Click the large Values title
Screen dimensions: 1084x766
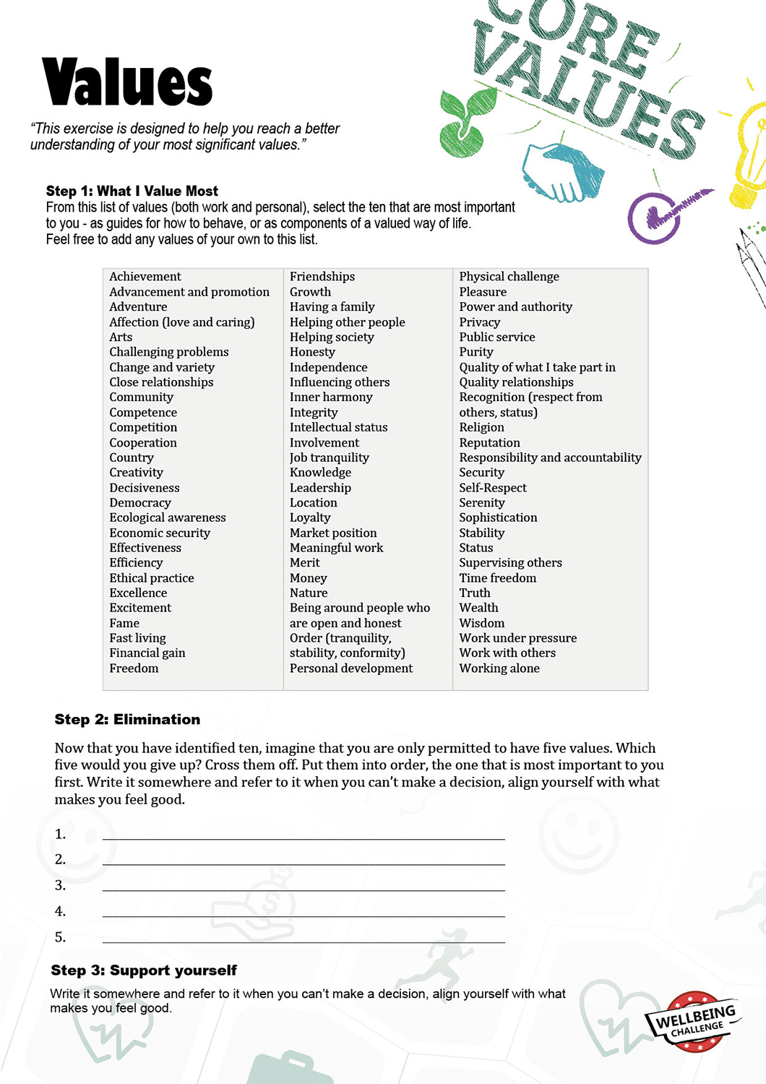(x=127, y=82)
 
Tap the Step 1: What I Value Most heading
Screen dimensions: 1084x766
(x=132, y=191)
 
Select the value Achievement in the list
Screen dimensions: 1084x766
(x=145, y=277)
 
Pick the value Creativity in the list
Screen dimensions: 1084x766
(x=136, y=473)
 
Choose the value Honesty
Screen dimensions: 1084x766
(x=312, y=352)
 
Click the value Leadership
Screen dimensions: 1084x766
(x=320, y=488)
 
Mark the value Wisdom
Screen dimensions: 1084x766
(x=482, y=623)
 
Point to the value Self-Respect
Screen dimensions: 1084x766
(x=493, y=488)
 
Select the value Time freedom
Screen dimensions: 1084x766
(x=498, y=578)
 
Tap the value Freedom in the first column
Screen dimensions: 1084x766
(x=134, y=668)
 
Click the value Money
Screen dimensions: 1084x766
(x=309, y=578)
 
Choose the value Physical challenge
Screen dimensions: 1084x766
(x=509, y=277)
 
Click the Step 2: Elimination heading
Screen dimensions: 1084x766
(x=127, y=719)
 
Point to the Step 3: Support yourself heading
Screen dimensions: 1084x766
(x=143, y=970)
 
